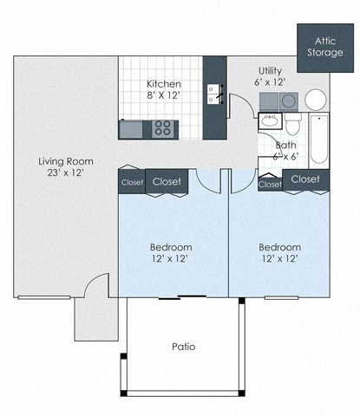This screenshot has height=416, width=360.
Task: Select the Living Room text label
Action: (65, 166)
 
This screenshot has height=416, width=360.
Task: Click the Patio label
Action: (182, 347)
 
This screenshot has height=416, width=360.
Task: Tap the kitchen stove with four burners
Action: (162, 129)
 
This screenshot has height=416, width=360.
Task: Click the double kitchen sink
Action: (213, 93)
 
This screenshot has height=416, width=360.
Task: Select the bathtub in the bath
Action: (318, 139)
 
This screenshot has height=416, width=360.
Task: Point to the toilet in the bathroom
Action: (293, 124)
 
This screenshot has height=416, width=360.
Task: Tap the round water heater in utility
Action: (315, 100)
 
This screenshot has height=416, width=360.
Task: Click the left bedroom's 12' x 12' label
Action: (169, 252)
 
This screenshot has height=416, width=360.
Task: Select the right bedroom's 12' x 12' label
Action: (279, 252)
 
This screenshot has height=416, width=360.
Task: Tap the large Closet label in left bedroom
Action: (167, 182)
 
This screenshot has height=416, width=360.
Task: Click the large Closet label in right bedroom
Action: (305, 179)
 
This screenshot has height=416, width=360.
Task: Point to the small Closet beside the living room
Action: (131, 183)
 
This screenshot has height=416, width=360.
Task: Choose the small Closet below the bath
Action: (270, 185)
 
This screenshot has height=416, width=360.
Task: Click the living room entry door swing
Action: (95, 285)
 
